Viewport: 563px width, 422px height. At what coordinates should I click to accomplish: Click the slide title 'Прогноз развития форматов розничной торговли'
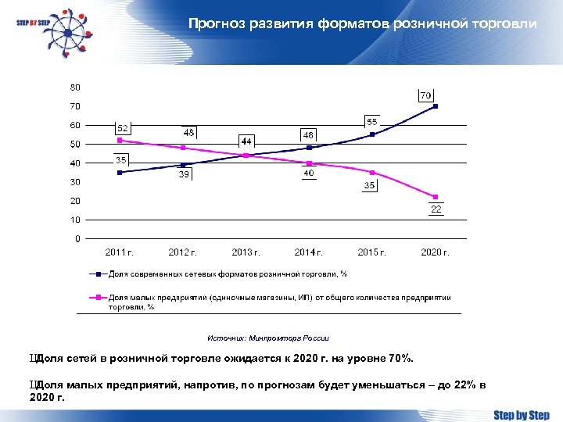click(x=362, y=24)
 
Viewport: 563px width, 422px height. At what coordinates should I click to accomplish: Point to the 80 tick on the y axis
click(x=75, y=87)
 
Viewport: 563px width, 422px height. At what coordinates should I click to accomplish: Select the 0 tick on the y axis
click(x=77, y=238)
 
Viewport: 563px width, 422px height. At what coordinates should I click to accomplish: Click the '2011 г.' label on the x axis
click(x=120, y=252)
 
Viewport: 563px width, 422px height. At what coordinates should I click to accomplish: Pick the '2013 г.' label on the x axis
click(x=246, y=252)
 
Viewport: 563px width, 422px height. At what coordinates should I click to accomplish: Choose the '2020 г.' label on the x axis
click(x=436, y=252)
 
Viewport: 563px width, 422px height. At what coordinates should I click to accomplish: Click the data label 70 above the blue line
click(x=426, y=95)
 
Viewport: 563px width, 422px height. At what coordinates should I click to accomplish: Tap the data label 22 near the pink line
click(x=436, y=209)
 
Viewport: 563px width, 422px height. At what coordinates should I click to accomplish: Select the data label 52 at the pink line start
click(x=123, y=128)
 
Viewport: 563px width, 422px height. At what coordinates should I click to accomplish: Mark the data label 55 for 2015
click(x=372, y=122)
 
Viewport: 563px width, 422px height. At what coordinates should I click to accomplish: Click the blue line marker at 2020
click(x=436, y=106)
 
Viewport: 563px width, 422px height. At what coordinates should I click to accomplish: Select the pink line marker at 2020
click(x=436, y=197)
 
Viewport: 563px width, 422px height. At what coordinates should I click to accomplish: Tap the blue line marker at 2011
click(x=120, y=173)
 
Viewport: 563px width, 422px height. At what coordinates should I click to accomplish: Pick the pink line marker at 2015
click(x=372, y=173)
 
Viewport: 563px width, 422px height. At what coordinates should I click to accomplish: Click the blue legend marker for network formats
click(x=99, y=274)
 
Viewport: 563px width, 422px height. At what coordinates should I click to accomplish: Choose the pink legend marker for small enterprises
click(x=99, y=298)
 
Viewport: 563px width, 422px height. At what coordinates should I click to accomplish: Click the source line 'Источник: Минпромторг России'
click(x=268, y=338)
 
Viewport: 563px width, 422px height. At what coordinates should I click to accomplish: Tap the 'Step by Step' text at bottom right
click(x=522, y=415)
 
